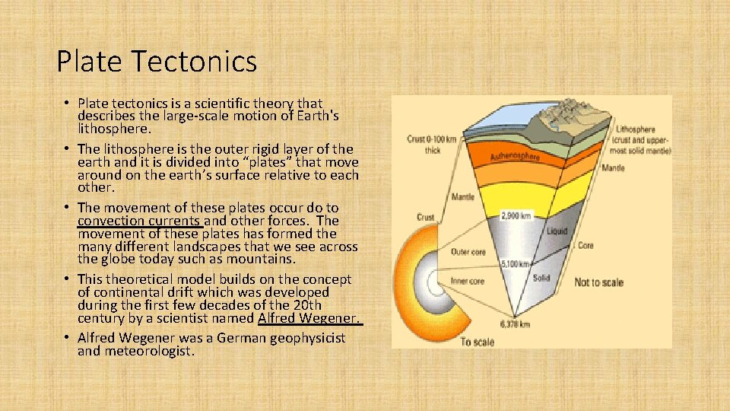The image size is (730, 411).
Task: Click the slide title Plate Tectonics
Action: coord(157,61)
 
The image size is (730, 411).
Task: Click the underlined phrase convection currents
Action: coord(139,221)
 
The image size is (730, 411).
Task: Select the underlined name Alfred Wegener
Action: coord(309,318)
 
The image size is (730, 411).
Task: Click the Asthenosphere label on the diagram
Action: coord(515,155)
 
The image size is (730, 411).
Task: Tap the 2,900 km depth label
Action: coord(516,216)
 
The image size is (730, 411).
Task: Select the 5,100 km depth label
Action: coord(514,264)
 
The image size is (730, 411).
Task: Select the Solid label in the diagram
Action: coord(541,278)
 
